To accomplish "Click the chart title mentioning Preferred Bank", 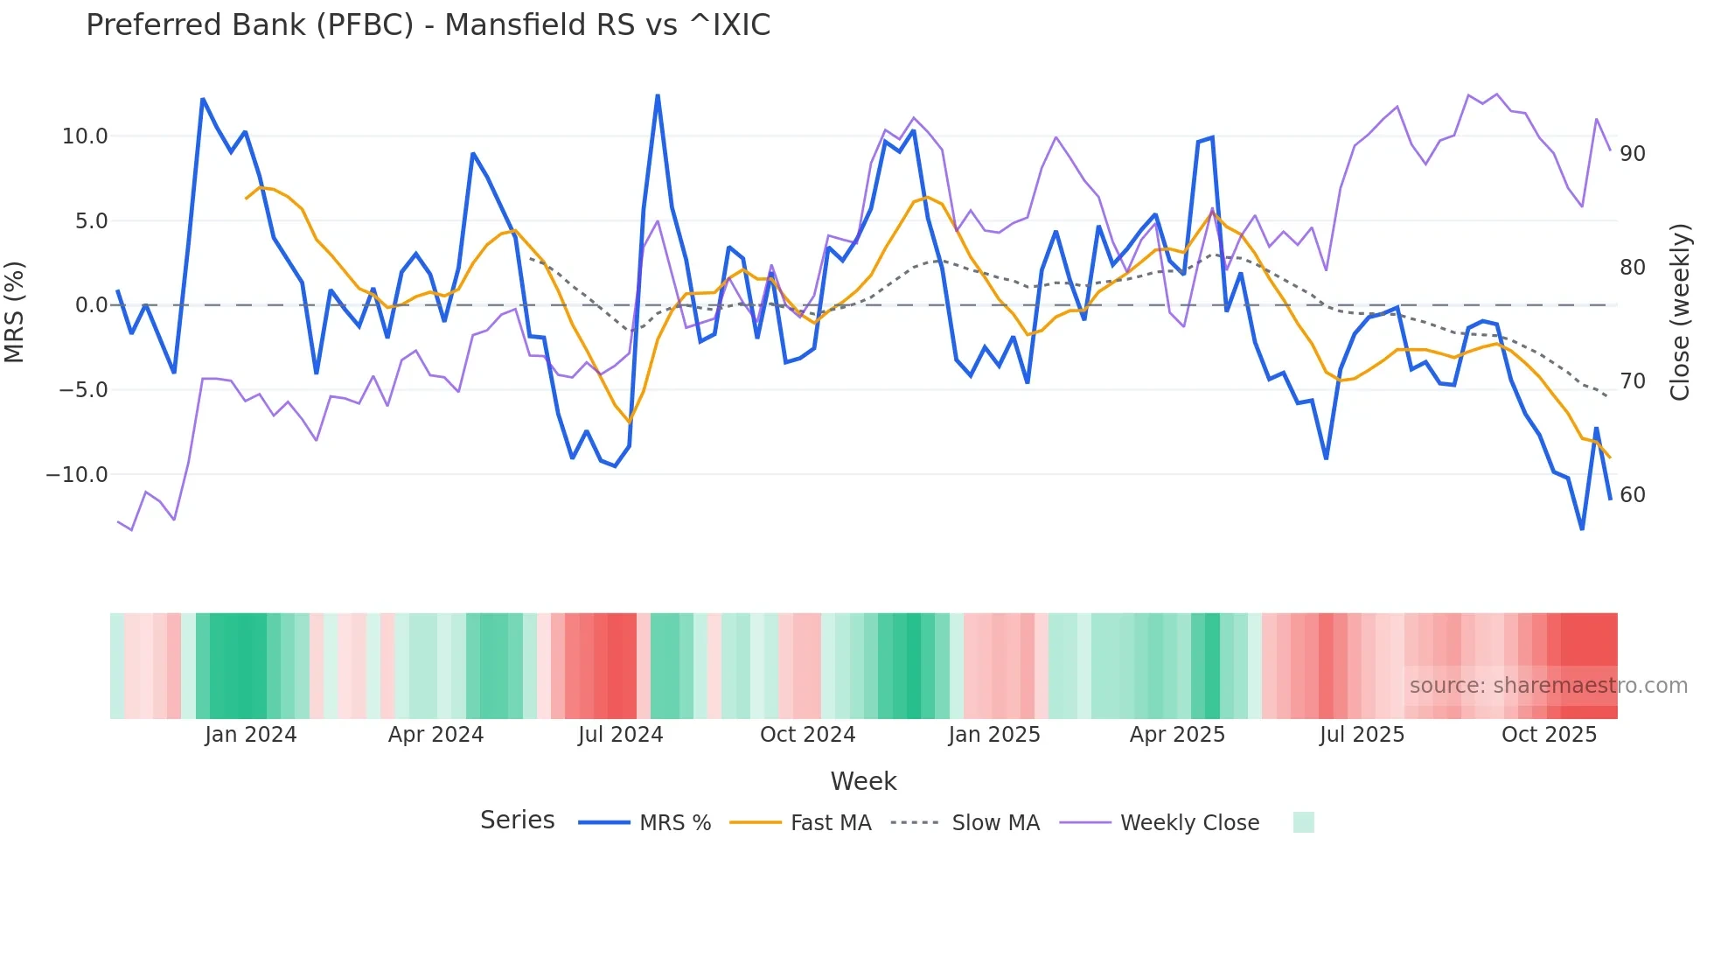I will click(x=428, y=25).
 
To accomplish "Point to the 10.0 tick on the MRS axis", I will click(x=85, y=136).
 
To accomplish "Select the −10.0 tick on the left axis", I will click(x=78, y=475).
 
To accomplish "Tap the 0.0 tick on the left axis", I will click(x=91, y=305).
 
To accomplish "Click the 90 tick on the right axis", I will click(x=1632, y=154).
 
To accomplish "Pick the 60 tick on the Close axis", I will click(x=1632, y=495).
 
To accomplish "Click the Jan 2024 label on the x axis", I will click(x=251, y=735).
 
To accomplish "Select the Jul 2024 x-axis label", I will click(x=620, y=735).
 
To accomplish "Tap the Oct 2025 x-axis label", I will click(x=1549, y=735).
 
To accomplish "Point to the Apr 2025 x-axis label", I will click(x=1177, y=735).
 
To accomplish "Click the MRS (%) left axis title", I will click(x=15, y=311).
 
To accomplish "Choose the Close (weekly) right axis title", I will click(x=1679, y=312).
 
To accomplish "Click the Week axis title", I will click(x=863, y=781).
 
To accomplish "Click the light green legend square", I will click(x=1303, y=822).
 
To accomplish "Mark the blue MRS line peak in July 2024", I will click(x=658, y=95).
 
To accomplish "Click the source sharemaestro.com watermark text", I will click(x=1548, y=686).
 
